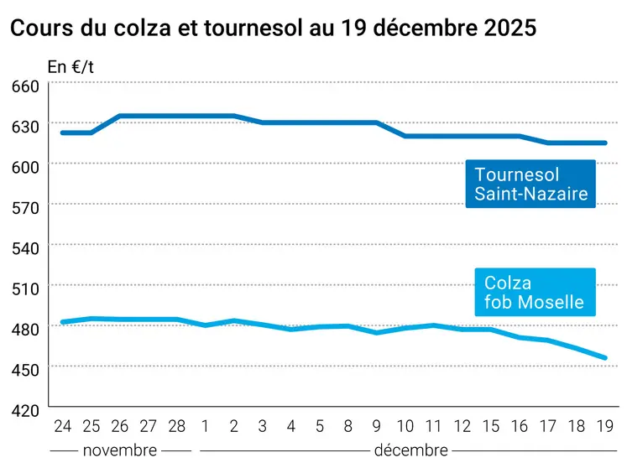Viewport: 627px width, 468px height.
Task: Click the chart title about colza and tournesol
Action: click(x=272, y=27)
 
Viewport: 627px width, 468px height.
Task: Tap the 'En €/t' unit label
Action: click(x=71, y=66)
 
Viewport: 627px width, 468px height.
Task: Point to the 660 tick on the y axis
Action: click(x=24, y=86)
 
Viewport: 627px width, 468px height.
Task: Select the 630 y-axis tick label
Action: click(x=24, y=127)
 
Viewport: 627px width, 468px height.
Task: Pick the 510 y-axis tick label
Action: click(x=24, y=288)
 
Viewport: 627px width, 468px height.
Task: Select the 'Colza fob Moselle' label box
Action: click(x=534, y=293)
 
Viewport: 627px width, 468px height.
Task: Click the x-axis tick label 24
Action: click(x=62, y=427)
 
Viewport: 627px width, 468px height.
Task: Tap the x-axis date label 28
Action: click(x=176, y=427)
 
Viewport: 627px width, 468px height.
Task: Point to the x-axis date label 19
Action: click(x=604, y=427)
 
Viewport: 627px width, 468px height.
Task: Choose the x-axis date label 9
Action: click(x=376, y=427)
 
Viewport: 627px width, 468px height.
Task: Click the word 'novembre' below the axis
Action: click(x=119, y=450)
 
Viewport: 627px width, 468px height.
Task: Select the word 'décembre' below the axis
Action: click(x=410, y=450)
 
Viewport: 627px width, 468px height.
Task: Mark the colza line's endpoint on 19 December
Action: click(x=604, y=358)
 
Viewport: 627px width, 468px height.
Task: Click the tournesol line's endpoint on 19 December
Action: click(x=604, y=143)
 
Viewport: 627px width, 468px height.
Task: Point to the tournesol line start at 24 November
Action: click(x=63, y=133)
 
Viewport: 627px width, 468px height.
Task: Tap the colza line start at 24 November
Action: click(x=63, y=322)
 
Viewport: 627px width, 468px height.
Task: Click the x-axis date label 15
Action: click(x=490, y=427)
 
